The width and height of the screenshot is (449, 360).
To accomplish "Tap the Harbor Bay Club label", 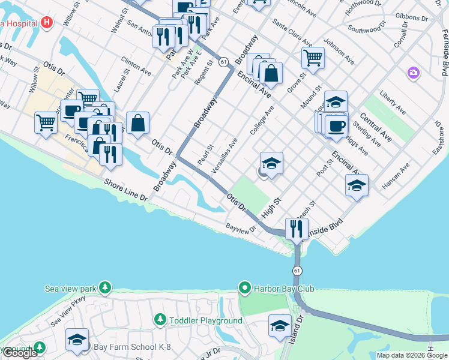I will (283, 289).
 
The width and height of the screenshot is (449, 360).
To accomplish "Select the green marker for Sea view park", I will (106, 289).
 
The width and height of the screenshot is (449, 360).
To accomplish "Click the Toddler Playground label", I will (205, 320).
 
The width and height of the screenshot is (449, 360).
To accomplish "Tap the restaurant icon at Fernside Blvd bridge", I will (295, 228).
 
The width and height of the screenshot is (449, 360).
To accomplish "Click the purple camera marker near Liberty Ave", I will (413, 73).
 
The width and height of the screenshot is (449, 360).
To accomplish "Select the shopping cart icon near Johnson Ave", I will (312, 59).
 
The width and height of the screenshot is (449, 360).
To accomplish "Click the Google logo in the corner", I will (19, 353).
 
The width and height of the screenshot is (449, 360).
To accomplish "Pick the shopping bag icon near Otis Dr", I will (137, 123).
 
